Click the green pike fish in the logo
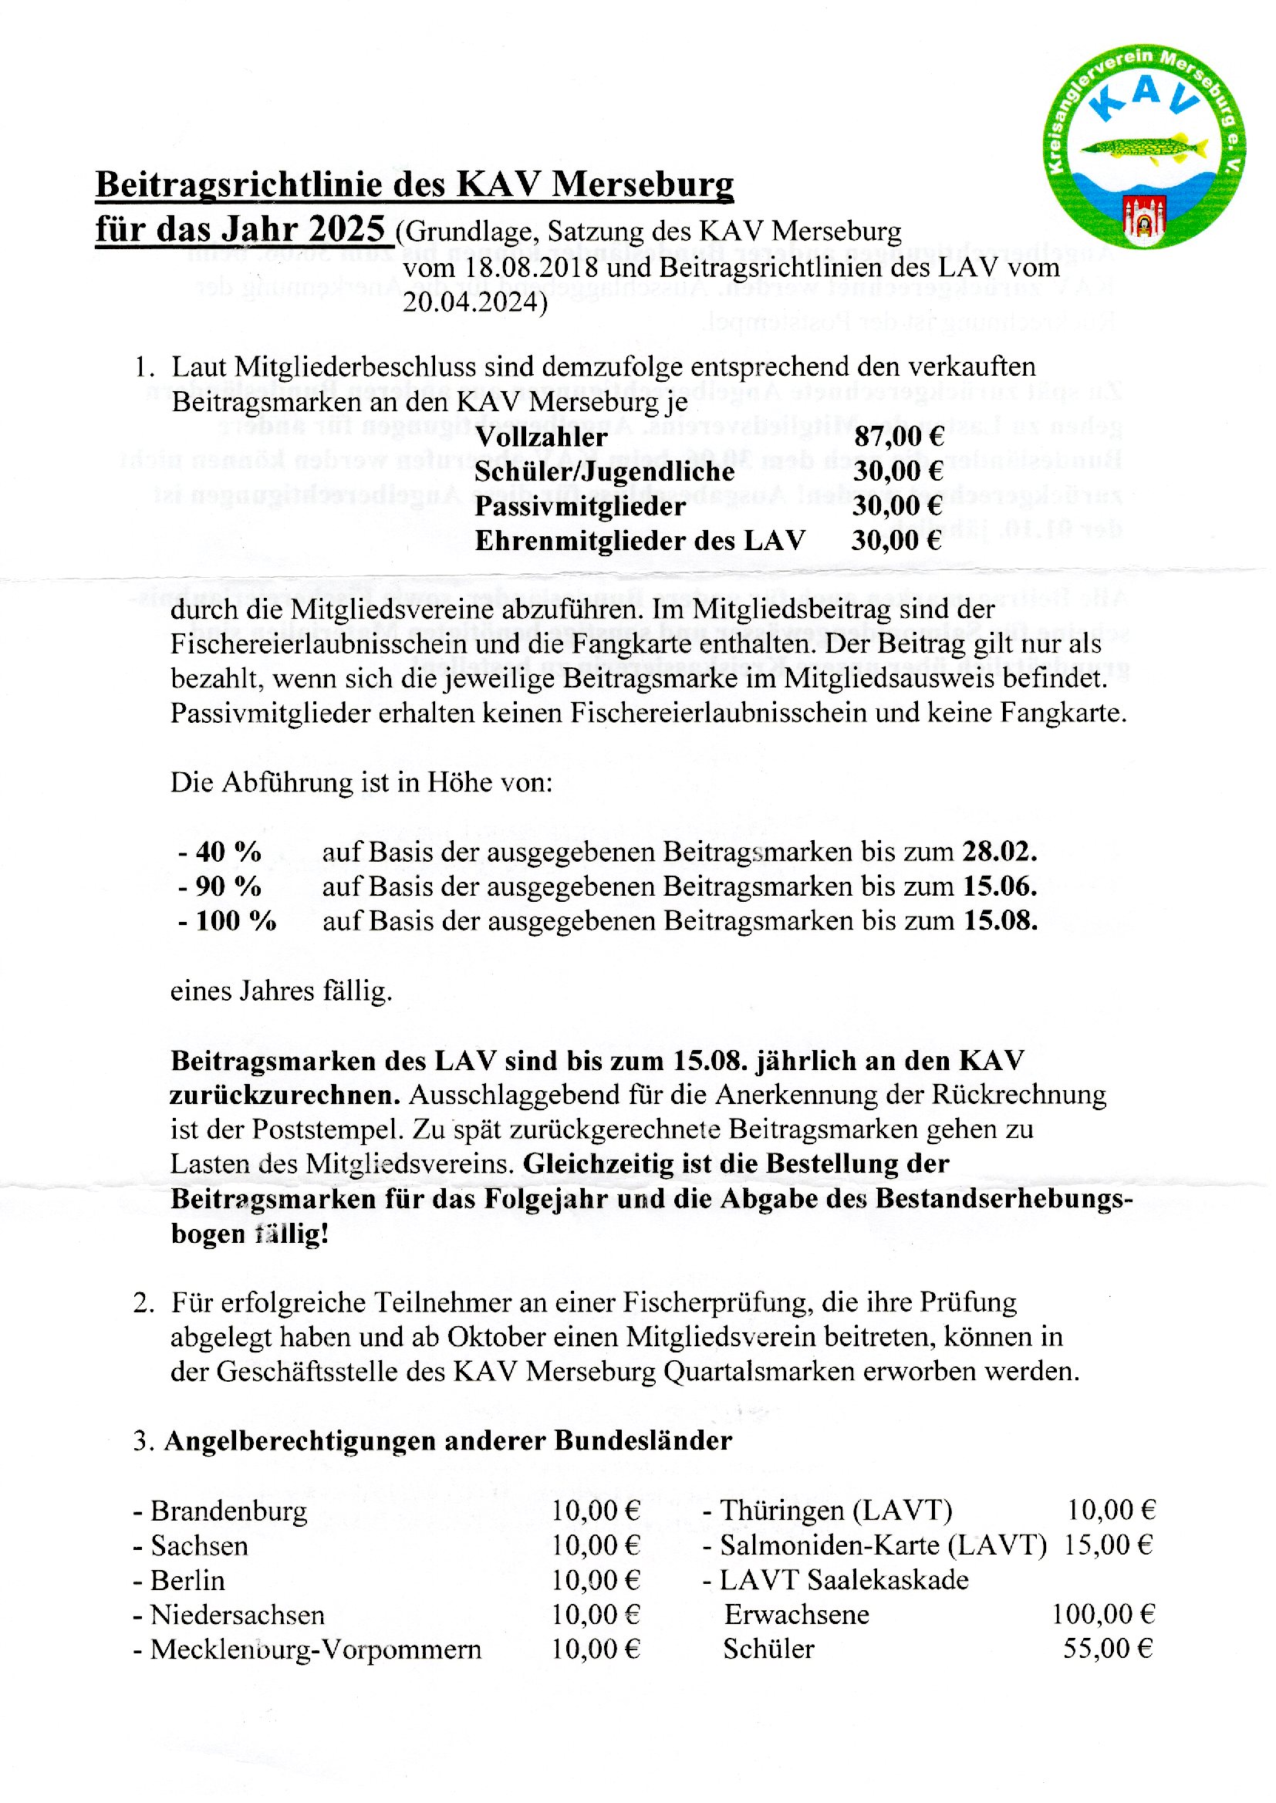1144,146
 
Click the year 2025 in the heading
346,229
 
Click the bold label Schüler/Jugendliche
604,471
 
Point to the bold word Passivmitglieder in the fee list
580,506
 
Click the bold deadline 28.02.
999,852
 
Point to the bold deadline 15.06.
999,886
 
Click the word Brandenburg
228,1511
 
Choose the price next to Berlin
596,1580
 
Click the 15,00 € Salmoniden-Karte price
1108,1545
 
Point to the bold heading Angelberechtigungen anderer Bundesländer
448,1441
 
